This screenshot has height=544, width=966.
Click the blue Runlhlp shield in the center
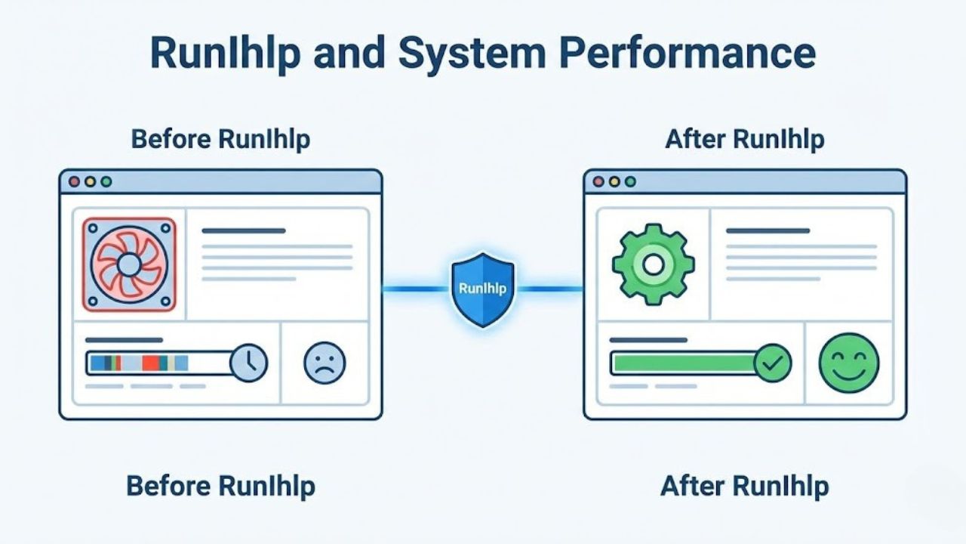[x=482, y=289]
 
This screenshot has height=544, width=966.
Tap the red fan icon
[x=129, y=264]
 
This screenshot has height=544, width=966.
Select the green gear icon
[x=653, y=264]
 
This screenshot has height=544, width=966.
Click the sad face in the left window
[x=325, y=363]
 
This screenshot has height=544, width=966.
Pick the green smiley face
[x=849, y=363]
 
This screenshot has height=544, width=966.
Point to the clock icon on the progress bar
[x=248, y=363]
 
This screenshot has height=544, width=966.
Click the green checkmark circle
[x=773, y=363]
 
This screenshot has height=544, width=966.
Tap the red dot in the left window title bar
[x=74, y=182]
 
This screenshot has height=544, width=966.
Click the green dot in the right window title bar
[x=630, y=182]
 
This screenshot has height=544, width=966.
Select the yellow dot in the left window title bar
[x=90, y=182]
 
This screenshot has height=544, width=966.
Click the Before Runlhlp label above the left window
[x=220, y=140]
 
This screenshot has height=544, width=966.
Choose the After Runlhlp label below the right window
[x=744, y=486]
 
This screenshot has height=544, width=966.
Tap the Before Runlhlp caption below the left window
[x=220, y=486]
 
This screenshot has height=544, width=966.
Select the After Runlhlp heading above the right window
[x=744, y=140]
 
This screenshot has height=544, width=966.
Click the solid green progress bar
[x=683, y=363]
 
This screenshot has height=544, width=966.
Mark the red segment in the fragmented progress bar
[x=150, y=363]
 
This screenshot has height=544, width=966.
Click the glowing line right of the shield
[x=549, y=289]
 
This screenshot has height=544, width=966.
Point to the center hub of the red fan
[x=129, y=264]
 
